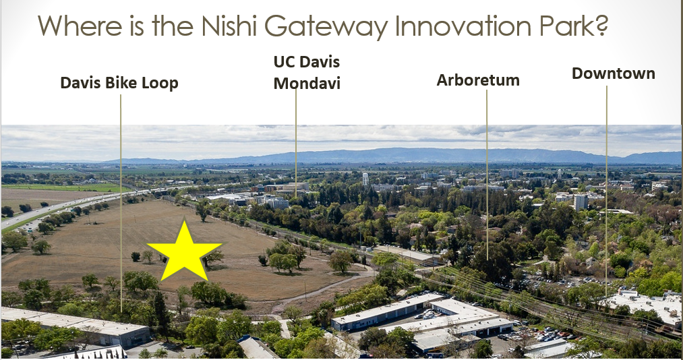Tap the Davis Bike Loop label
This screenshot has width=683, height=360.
pos(119,83)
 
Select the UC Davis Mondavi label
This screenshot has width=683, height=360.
pos(307,72)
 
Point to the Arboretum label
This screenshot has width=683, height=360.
pos(478,80)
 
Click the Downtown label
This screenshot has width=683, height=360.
pos(614,73)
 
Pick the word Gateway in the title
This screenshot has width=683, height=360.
pos(326,27)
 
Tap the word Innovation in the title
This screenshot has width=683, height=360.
pos(463,26)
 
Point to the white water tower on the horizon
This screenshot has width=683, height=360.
pos(365,179)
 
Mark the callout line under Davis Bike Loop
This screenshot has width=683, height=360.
pos(121,203)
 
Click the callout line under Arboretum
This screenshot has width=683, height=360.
pos(487,175)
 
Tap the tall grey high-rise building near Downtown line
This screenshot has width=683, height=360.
pos(581,202)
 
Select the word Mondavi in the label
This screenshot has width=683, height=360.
pos(307,83)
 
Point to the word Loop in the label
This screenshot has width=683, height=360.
pos(162,83)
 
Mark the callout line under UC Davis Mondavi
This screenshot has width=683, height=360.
pos(296,143)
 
